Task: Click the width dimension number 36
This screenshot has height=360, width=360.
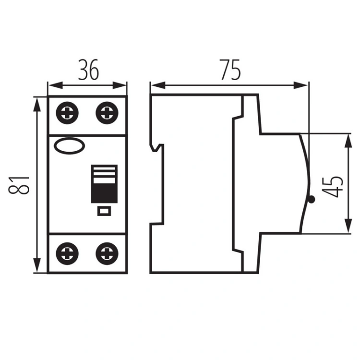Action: pyautogui.click(x=88, y=71)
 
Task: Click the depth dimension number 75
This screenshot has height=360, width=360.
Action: pyautogui.click(x=230, y=71)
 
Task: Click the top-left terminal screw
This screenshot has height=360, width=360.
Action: pyautogui.click(x=67, y=114)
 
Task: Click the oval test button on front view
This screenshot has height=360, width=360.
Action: pyautogui.click(x=69, y=145)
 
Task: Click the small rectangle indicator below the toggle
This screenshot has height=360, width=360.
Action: pyautogui.click(x=104, y=210)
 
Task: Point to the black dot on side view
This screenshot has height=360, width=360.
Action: pyautogui.click(x=311, y=200)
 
